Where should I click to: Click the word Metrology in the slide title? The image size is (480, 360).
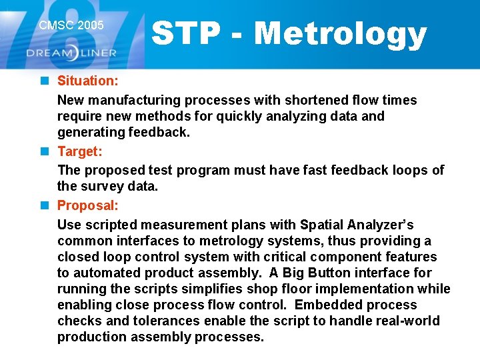coord(340,33)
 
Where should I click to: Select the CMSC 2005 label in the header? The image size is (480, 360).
coord(71,25)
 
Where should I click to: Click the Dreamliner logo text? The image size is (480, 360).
coord(71,53)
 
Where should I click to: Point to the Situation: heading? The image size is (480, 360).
coord(87,81)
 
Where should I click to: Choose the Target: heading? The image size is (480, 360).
coord(79,151)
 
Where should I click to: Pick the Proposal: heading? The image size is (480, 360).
coord(87,205)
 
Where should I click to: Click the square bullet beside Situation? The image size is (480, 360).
coord(44,81)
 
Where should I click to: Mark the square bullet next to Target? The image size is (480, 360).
coord(44,151)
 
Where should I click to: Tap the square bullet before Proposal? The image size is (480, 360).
coord(44,205)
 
